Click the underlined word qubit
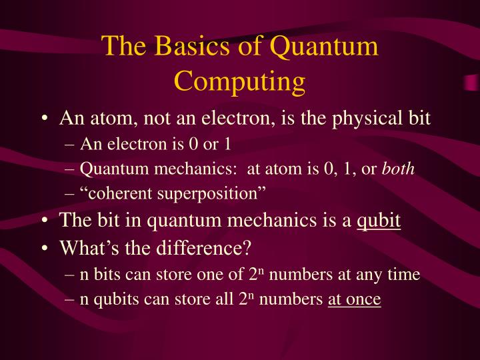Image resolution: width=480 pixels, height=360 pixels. pos(379,220)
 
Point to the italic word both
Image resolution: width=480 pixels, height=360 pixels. pos(399,169)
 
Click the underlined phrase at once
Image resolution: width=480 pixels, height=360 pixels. pos(354,300)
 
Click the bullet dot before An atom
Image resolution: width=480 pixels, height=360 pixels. pos(43,120)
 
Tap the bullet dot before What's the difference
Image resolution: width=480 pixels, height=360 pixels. pos(43,249)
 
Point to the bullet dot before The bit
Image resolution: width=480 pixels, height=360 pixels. pos(43,221)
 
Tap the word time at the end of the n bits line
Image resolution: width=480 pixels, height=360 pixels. pos(404,275)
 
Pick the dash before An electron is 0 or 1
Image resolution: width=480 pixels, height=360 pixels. pos(71,145)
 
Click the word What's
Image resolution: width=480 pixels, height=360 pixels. pos(83,248)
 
